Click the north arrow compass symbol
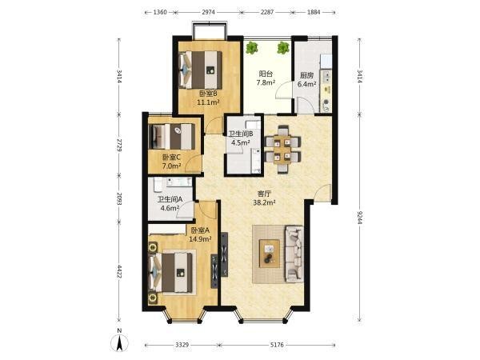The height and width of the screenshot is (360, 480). [119, 343]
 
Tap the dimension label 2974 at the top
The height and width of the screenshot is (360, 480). [209, 12]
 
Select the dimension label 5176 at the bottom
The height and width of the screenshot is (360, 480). [277, 345]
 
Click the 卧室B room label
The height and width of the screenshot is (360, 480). [208, 94]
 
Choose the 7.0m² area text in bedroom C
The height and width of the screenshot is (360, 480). [171, 166]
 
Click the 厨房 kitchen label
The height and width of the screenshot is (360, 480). [306, 75]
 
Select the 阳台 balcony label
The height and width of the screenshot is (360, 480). [266, 74]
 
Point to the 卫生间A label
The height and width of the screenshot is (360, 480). [170, 199]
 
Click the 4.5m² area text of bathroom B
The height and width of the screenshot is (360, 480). [241, 142]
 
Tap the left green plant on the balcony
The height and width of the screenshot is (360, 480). [252, 48]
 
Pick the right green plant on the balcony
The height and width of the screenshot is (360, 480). [283, 48]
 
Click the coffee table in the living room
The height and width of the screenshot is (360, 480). [270, 254]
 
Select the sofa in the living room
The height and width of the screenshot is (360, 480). [294, 254]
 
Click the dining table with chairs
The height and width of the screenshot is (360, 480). [282, 149]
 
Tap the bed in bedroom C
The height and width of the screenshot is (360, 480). [172, 137]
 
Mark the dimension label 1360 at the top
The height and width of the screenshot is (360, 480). [160, 12]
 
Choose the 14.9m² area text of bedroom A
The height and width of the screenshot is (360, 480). [200, 239]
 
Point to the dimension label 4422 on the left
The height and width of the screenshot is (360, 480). [118, 272]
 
